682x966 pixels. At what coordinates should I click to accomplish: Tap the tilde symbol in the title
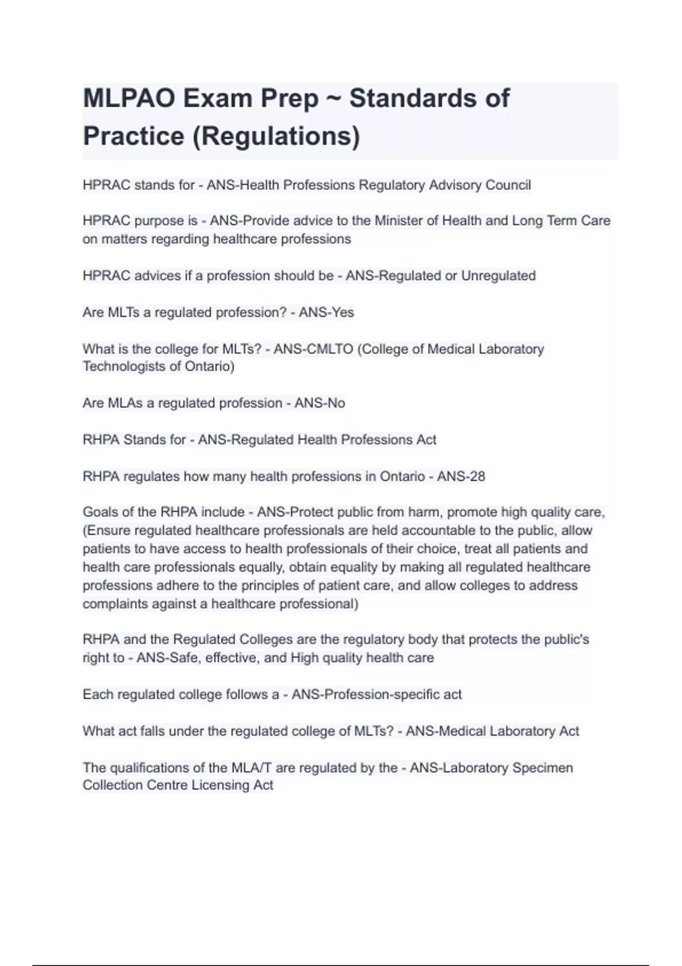point(334,98)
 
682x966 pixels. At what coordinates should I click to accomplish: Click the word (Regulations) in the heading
point(276,136)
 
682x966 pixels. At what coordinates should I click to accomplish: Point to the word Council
point(508,185)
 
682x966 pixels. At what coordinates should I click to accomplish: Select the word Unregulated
point(498,276)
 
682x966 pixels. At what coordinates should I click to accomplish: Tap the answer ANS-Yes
point(326,313)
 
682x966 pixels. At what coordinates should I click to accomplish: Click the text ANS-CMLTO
point(313,349)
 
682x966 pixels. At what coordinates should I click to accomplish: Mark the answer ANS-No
point(319,403)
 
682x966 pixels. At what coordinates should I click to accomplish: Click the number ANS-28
point(461,476)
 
